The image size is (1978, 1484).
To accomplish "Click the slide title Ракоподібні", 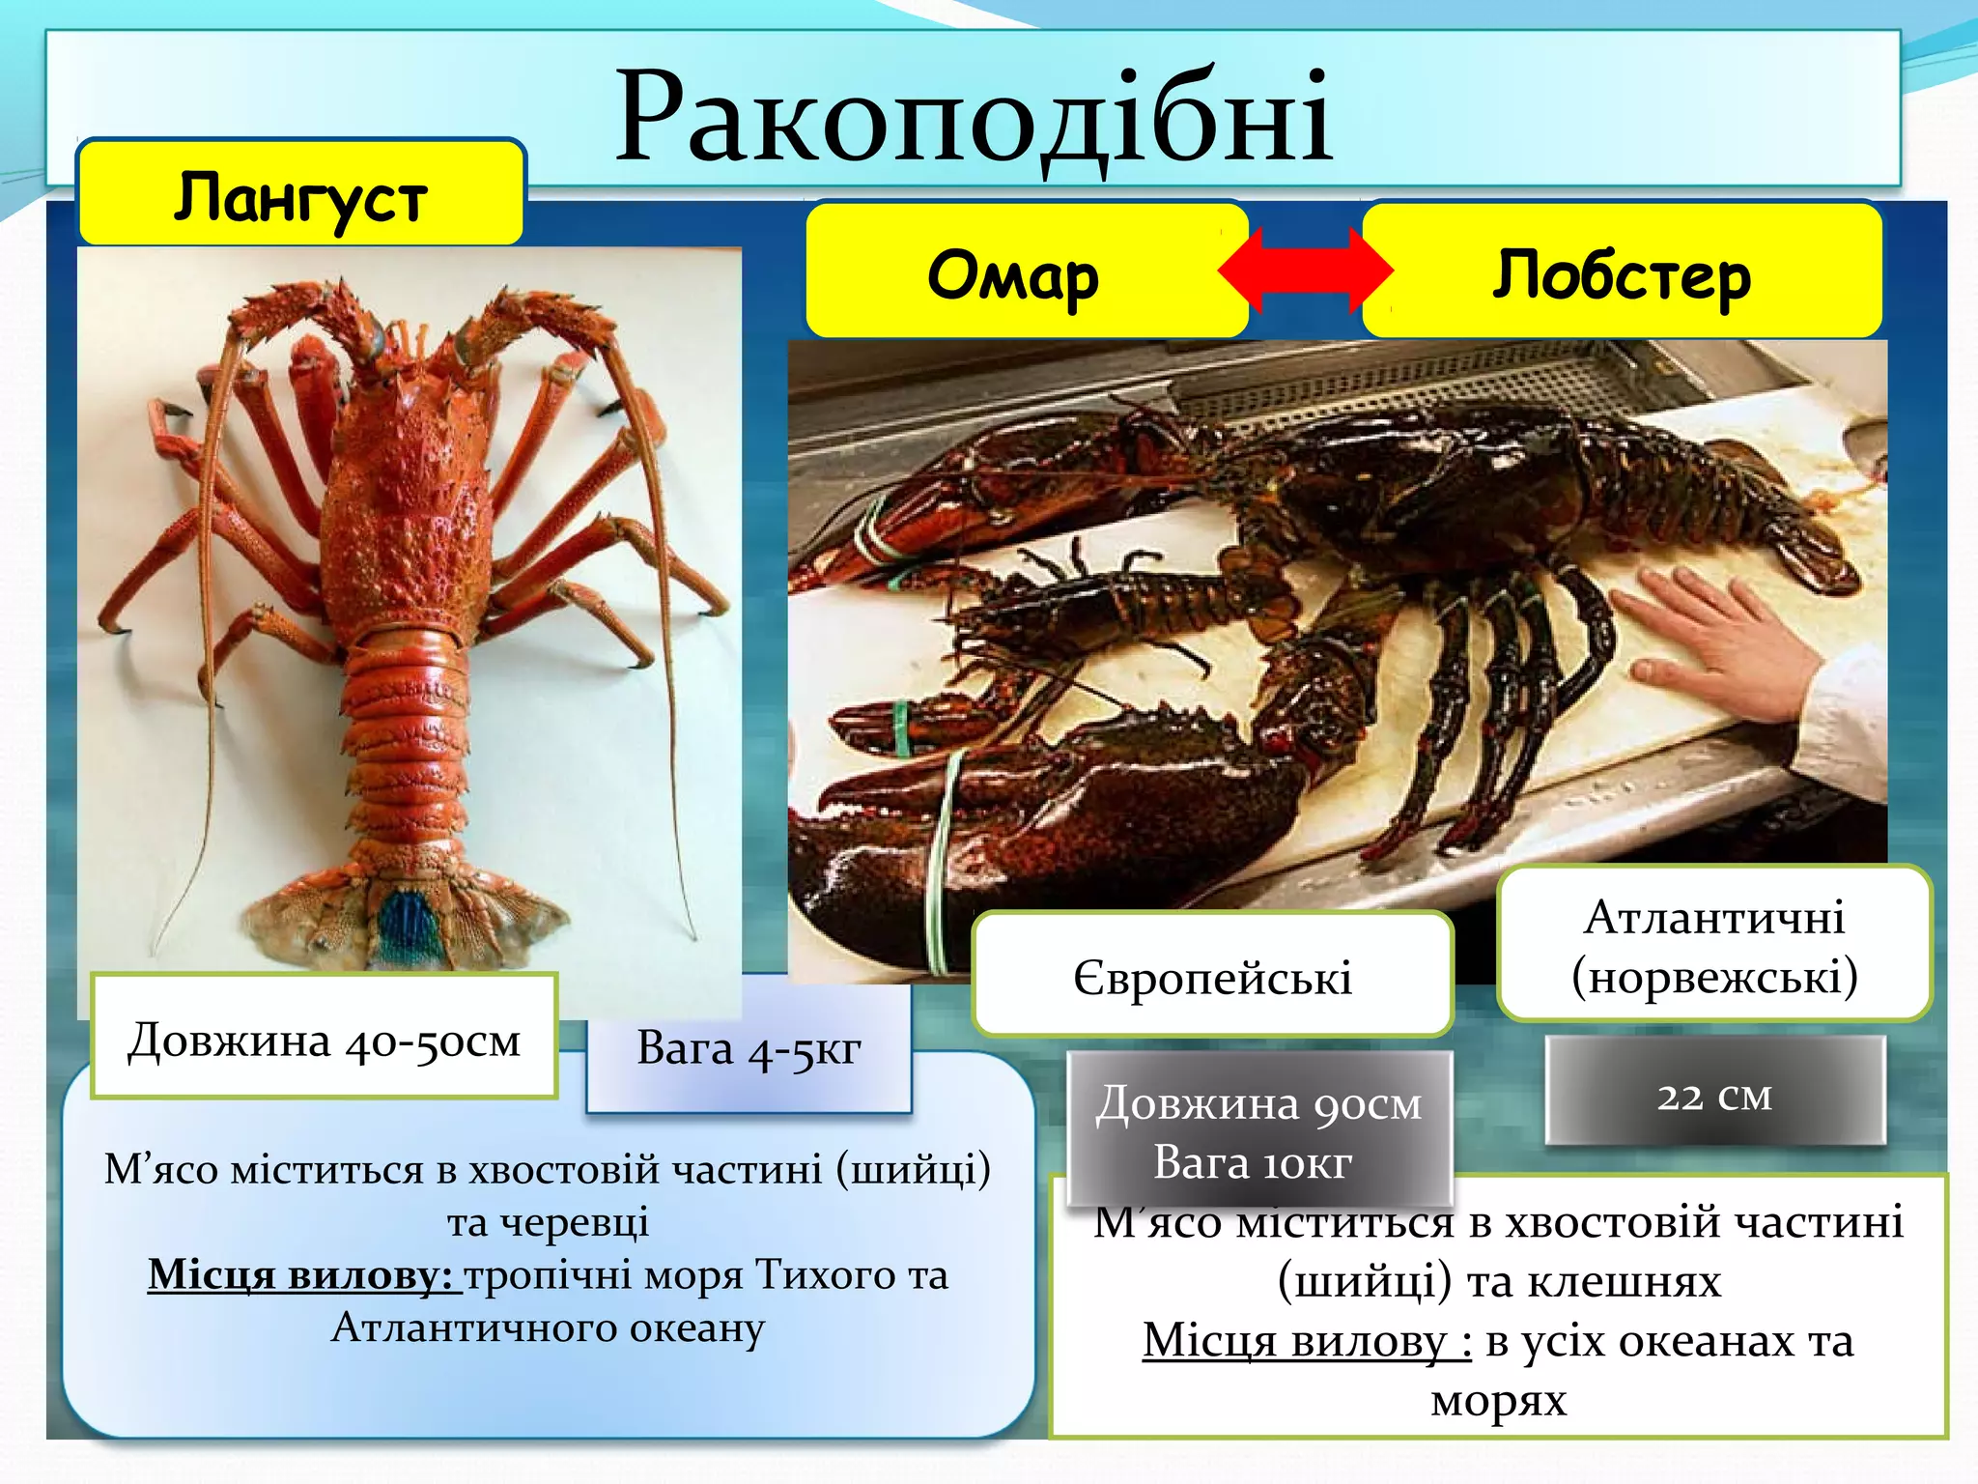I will coord(974,118).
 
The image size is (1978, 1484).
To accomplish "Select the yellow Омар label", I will coord(1013,275).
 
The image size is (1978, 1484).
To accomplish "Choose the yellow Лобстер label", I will coord(1622,275).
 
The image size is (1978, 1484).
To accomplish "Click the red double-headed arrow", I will coord(1305,271).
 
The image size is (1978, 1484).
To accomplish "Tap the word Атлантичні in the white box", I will coord(1714,916).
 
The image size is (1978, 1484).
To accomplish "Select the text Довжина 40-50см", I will coord(325,1041).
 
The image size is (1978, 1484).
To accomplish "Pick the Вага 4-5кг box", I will coord(749,1048).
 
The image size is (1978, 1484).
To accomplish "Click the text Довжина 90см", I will coord(1258,1103).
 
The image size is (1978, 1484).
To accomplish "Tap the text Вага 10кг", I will coord(1253,1162).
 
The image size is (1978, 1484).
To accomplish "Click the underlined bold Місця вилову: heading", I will coord(301,1275).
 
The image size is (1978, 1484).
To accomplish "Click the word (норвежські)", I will coord(1714,977).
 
